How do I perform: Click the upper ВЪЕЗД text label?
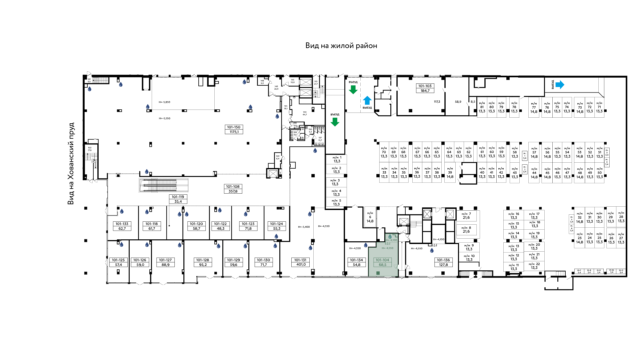pos(353,82)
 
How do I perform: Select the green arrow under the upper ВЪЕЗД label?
pos(353,90)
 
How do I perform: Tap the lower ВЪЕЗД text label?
pos(335,114)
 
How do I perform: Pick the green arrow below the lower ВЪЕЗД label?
pos(335,122)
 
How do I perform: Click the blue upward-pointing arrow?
pos(367,100)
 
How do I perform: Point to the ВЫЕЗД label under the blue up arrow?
pos(367,108)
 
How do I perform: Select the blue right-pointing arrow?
pos(560,85)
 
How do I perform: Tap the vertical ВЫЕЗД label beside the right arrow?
pos(552,84)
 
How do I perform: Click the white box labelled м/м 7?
pos(466,216)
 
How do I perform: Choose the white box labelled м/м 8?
pos(466,230)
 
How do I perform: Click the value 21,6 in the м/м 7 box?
pos(466,218)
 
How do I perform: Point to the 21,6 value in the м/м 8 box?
pos(466,232)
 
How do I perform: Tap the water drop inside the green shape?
pos(390,236)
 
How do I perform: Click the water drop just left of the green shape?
pos(366,245)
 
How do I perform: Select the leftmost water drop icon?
pos(89,89)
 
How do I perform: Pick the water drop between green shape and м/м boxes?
pos(432,250)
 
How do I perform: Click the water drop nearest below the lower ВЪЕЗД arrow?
pos(315,151)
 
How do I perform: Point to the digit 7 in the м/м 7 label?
pos(470,214)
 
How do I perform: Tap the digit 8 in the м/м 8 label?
pos(470,228)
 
